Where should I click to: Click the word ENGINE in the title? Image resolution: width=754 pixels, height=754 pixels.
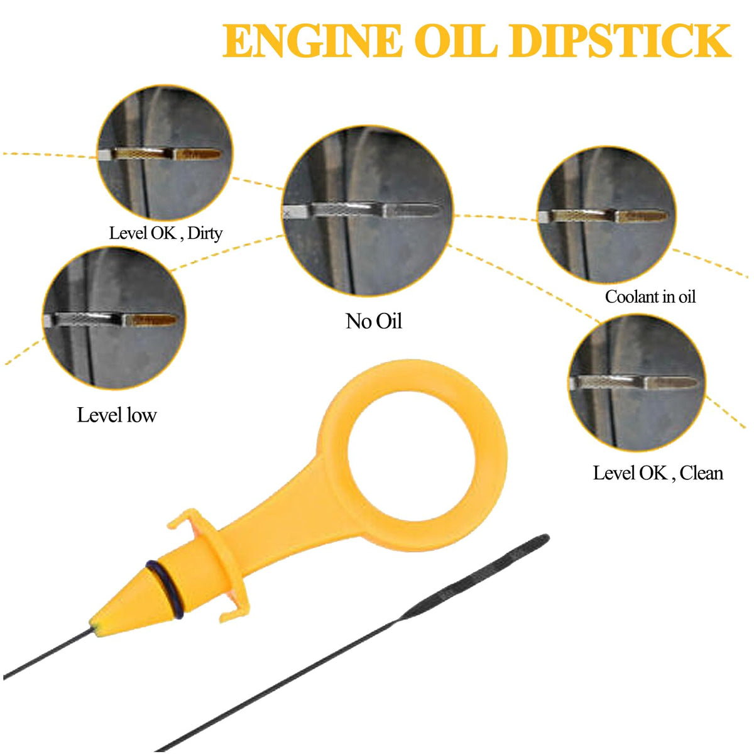[x=312, y=40]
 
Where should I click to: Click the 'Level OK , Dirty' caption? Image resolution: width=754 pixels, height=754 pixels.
[x=165, y=234]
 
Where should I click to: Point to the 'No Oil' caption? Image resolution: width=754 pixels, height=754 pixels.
[x=374, y=321]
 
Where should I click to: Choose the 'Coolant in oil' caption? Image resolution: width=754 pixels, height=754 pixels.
[x=650, y=297]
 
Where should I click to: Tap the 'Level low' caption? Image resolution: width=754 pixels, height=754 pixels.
[x=117, y=415]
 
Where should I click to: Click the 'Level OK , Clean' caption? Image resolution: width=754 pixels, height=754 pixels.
[x=658, y=473]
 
